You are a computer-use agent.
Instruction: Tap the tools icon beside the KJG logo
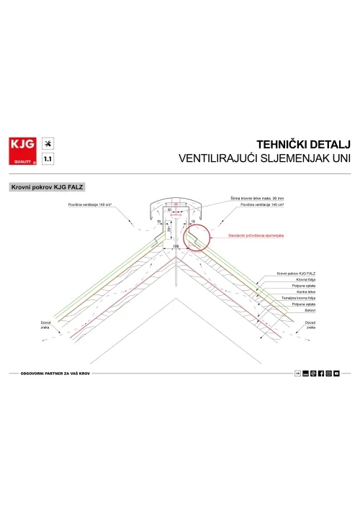[x=48, y=143]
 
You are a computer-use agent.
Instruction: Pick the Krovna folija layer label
[x=287, y=280]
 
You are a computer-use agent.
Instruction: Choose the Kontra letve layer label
[x=285, y=292]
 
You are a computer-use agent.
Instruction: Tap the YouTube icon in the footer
[x=336, y=373]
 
